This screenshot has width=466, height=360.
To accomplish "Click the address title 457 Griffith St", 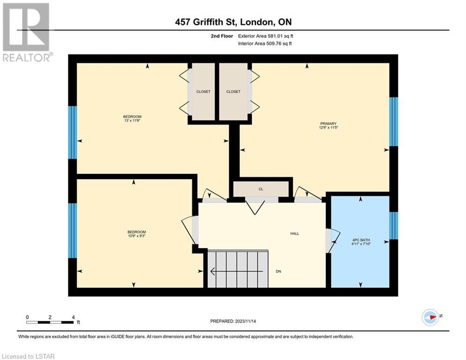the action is pyautogui.click(x=206, y=22).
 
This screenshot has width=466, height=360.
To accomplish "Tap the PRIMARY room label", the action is pyautogui.click(x=328, y=123).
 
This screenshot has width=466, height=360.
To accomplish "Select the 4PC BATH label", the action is pyautogui.click(x=361, y=240).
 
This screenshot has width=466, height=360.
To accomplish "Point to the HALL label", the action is pyautogui.click(x=295, y=233).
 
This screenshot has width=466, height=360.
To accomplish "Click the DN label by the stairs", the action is pyautogui.click(x=279, y=271).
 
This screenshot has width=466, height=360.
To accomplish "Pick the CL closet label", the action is pyautogui.click(x=261, y=189).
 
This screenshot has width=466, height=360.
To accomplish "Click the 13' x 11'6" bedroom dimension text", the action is pyautogui.click(x=132, y=120).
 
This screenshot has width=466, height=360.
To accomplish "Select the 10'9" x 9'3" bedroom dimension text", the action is pyautogui.click(x=137, y=236).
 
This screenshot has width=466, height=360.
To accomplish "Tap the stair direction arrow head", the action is pyautogui.click(x=213, y=271).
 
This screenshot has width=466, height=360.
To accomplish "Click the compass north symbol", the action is pyautogui.click(x=430, y=317).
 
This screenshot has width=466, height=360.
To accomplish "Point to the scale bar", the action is pyautogui.click(x=50, y=322).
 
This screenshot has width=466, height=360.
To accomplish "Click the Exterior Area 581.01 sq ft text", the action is pyautogui.click(x=266, y=36).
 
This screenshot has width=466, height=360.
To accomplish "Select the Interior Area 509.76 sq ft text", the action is pyautogui.click(x=265, y=44).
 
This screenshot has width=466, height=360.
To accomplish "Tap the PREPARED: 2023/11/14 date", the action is pyautogui.click(x=233, y=321).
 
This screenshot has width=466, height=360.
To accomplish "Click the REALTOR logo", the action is pyautogui.click(x=27, y=32).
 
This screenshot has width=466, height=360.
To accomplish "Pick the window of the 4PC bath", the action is pyautogui.click(x=394, y=225).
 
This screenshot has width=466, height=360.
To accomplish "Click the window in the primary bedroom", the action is pyautogui.click(x=394, y=122).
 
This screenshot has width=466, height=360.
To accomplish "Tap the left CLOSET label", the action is pyautogui.click(x=203, y=91).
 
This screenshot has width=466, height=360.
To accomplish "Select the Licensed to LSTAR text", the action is pyautogui.click(x=28, y=356).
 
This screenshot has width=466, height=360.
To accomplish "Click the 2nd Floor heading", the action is pyautogui.click(x=222, y=36).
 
